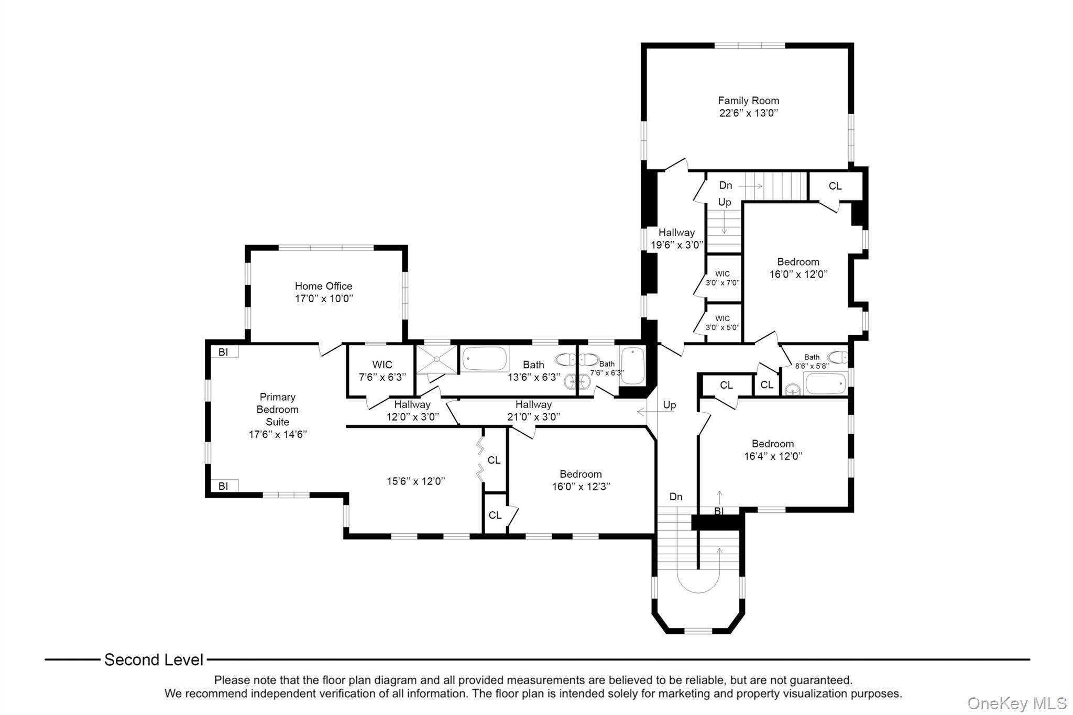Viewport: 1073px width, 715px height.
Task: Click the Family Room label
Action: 748,101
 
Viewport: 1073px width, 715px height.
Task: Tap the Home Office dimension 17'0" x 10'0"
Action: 324,299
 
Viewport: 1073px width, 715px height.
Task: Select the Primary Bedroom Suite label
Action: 277,410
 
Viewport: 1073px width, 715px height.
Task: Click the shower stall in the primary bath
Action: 436,359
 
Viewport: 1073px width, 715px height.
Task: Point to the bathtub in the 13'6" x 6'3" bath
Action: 485,359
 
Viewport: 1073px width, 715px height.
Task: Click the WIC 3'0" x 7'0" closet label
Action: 722,278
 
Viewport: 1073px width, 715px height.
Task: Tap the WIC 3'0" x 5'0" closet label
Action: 722,323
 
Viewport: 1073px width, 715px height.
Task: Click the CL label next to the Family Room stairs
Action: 835,186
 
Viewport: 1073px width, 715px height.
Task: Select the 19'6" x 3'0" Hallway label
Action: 676,238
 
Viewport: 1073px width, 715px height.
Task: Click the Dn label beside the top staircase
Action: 726,185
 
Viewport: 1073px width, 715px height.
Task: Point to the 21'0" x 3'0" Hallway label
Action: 533,411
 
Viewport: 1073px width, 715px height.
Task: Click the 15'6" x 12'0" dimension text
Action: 416,481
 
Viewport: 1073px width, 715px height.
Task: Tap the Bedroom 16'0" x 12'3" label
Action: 581,480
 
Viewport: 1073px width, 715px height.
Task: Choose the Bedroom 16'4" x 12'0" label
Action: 773,449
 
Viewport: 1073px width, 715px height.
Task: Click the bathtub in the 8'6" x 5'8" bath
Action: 825,383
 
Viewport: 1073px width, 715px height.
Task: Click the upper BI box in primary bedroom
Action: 224,352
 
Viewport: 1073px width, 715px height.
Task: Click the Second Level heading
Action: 154,660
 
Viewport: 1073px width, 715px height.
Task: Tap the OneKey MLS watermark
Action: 1016,703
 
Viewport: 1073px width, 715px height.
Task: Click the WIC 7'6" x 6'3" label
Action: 382,370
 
